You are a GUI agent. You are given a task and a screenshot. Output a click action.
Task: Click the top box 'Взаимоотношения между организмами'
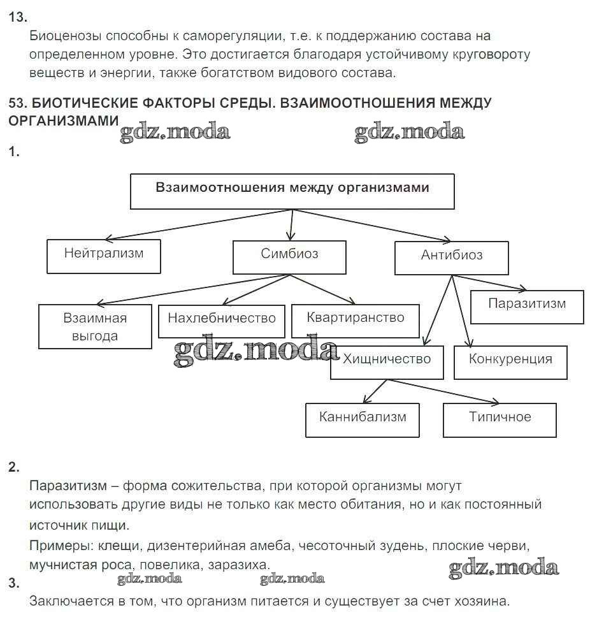[292, 191]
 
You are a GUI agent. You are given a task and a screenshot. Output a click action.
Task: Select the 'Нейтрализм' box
[104, 256]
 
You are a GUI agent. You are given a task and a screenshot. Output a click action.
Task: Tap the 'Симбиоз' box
[289, 256]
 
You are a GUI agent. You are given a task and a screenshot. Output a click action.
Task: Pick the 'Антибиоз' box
[451, 257]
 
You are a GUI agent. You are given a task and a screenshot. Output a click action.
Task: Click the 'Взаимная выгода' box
[95, 326]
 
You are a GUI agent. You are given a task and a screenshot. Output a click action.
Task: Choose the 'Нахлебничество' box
[221, 319]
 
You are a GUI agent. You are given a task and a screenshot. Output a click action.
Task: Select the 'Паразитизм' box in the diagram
[527, 307]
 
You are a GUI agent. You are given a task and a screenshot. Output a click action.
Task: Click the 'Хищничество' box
[387, 361]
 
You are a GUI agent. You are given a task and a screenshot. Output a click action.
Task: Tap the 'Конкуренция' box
[510, 361]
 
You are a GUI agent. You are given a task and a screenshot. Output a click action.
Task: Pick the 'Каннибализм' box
[362, 419]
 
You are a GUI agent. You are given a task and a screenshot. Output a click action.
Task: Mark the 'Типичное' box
[500, 419]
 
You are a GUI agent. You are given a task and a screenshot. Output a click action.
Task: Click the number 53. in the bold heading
[18, 103]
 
